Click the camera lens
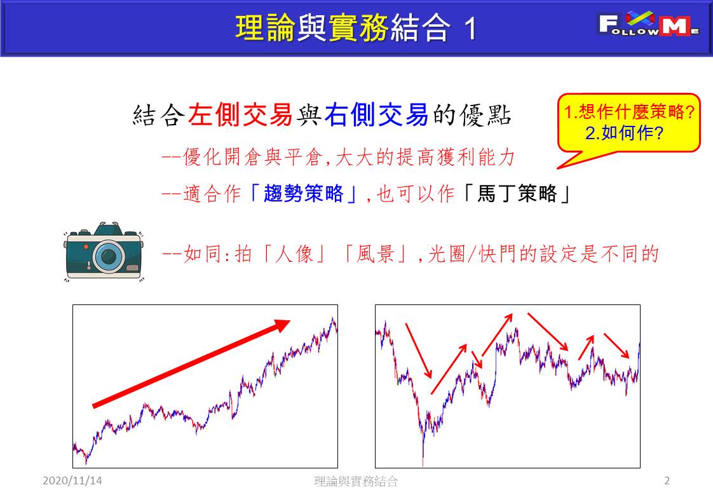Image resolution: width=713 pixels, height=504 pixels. (x=108, y=256)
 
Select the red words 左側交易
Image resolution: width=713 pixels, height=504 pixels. (x=240, y=114)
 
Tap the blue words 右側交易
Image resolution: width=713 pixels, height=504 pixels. (x=376, y=114)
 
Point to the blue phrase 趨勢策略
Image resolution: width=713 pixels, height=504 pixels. (x=303, y=193)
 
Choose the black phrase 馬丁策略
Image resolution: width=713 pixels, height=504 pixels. (x=517, y=193)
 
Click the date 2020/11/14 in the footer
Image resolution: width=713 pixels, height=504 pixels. (x=72, y=480)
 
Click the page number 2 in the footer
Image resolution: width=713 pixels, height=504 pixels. (x=667, y=480)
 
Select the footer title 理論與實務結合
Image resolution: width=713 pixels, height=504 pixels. (x=356, y=481)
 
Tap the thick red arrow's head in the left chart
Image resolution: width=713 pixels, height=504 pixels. (x=282, y=325)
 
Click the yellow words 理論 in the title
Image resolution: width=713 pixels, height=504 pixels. (x=266, y=28)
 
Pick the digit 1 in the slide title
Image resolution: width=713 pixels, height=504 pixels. (x=471, y=29)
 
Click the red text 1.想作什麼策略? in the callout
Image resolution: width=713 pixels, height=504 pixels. (x=629, y=111)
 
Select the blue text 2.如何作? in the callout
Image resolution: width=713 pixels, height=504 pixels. (x=624, y=133)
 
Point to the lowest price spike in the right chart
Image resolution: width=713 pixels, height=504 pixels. (x=423, y=461)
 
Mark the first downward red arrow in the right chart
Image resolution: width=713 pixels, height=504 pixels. (x=418, y=351)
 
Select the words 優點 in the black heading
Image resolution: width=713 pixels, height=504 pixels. (x=486, y=114)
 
